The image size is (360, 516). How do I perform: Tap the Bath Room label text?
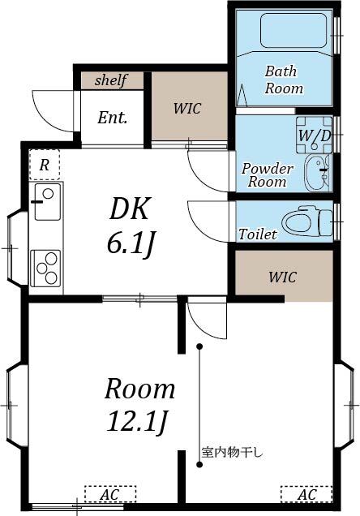click(x=284, y=80)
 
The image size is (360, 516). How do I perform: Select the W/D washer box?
click(x=314, y=135)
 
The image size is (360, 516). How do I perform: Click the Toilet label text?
click(x=258, y=234)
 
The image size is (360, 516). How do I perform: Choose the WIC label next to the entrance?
click(x=187, y=108)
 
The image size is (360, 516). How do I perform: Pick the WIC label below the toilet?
click(x=282, y=277)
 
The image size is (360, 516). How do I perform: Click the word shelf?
click(x=112, y=80)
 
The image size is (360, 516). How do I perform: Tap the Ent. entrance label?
click(x=112, y=118)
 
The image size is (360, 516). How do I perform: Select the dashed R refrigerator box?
click(x=45, y=166)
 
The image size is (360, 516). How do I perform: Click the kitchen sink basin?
click(x=46, y=197)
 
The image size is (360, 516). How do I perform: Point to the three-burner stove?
click(x=46, y=268)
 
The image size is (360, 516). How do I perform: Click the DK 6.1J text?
click(x=130, y=226)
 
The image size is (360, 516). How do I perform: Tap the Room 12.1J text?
click(x=139, y=404)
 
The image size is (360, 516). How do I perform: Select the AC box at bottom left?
click(x=110, y=493)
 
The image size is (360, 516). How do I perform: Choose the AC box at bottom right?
click(x=306, y=493)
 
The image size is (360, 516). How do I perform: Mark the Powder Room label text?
click(x=267, y=175)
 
